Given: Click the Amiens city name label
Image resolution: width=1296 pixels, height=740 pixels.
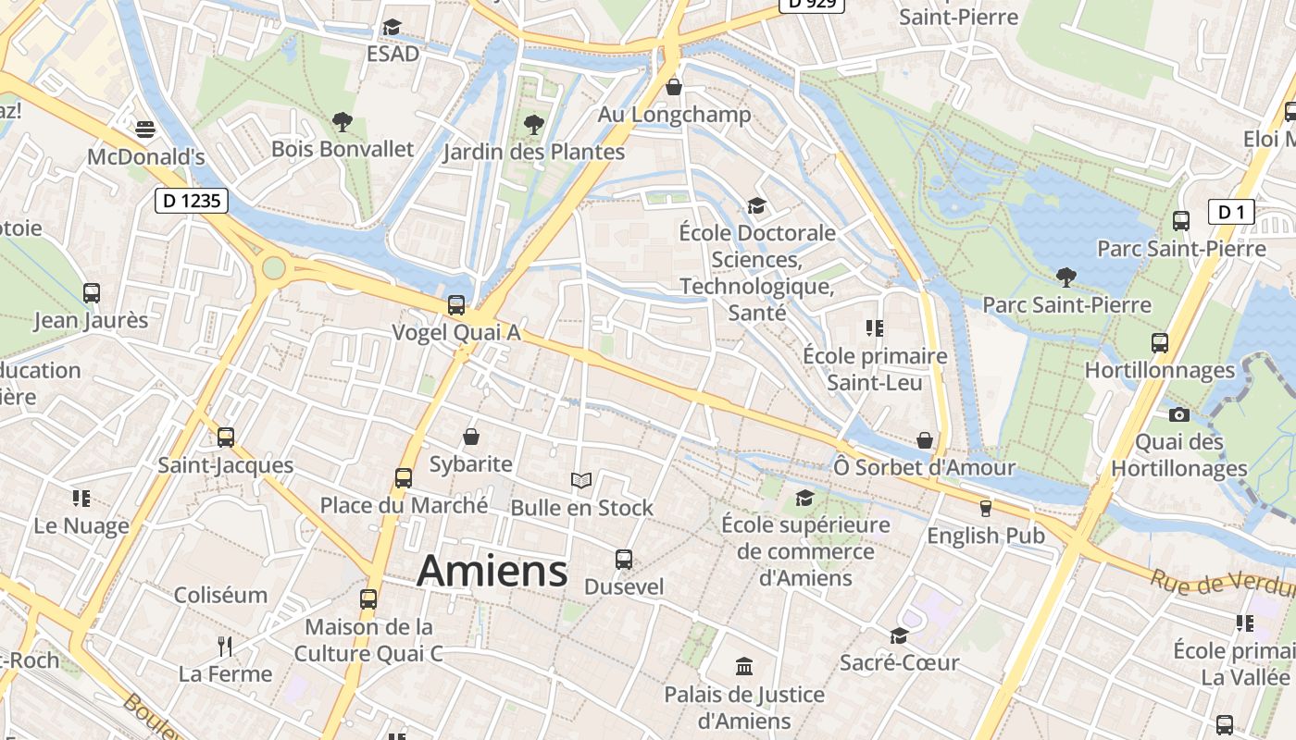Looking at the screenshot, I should (x=492, y=571).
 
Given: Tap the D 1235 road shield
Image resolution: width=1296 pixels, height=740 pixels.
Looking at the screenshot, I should (x=191, y=200).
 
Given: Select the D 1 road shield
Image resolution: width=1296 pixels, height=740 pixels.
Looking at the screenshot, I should (x=1231, y=213).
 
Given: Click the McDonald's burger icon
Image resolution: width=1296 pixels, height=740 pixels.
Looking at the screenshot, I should (x=145, y=129).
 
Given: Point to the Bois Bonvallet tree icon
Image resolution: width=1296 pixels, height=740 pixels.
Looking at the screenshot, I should (x=343, y=121).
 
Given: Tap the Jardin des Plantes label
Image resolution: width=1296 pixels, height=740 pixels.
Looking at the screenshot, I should (x=533, y=152).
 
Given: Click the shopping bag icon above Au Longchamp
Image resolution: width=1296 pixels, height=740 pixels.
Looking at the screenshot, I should (x=674, y=87).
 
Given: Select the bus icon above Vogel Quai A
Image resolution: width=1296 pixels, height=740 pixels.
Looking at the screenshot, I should (x=455, y=304).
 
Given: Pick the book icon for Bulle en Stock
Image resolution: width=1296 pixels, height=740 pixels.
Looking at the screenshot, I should (x=581, y=480).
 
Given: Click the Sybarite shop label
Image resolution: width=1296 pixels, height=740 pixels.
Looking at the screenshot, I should (x=470, y=463).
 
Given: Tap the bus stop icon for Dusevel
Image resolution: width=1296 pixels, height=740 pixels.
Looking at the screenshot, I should (x=624, y=559).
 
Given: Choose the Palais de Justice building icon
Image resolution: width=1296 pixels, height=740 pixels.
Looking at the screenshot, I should (x=743, y=666).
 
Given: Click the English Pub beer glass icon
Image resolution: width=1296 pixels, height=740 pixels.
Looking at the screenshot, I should (x=985, y=508).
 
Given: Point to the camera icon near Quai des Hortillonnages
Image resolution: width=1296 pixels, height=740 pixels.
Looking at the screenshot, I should (x=1178, y=414).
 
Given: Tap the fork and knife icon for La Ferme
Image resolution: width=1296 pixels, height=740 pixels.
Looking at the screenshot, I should (x=225, y=645).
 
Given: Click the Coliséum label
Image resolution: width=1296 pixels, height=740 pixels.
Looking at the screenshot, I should (x=220, y=595).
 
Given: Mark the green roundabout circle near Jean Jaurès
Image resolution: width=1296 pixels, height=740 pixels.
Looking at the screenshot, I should (x=273, y=268).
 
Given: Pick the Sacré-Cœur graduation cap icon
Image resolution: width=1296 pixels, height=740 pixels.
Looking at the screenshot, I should (x=898, y=635).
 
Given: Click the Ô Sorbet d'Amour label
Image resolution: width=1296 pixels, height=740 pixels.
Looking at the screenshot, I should (x=924, y=467).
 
